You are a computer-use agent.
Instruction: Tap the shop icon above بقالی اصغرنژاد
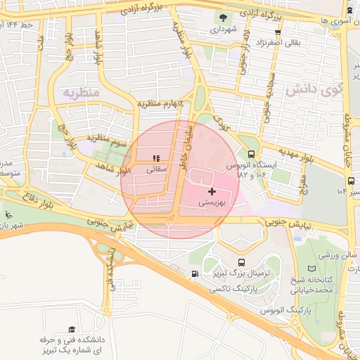click(x=278, y=32)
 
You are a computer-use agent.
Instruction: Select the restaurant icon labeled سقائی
click(x=156, y=158)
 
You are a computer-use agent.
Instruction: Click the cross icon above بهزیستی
click(x=212, y=191)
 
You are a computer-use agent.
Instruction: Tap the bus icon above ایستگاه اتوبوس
click(x=252, y=153)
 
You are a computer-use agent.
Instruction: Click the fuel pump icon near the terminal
click(x=194, y=274)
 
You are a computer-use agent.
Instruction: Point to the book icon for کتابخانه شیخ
click(x=312, y=269)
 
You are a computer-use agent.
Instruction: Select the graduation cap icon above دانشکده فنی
click(x=71, y=329)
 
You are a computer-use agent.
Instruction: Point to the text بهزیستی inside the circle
click(x=211, y=202)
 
